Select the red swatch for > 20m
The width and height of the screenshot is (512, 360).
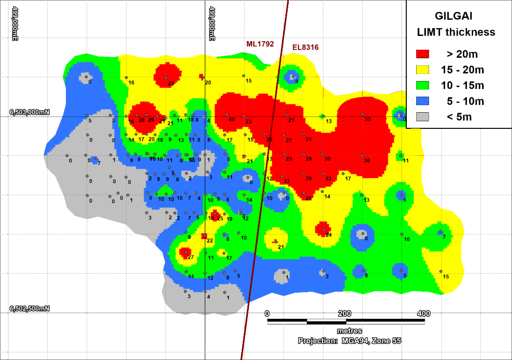[422, 54]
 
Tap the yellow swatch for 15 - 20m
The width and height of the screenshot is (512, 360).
[422, 70]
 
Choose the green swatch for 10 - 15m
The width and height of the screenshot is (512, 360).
[422, 85]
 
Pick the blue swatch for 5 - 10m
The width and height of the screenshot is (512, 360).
[422, 101]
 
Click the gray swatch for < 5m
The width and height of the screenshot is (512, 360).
[422, 117]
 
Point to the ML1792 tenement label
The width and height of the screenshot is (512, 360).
[260, 44]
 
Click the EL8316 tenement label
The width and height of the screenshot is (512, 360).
[304, 47]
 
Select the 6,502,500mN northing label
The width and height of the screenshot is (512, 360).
[29, 309]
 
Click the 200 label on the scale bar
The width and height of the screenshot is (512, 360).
[345, 314]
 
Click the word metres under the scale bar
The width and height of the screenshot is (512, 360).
[349, 331]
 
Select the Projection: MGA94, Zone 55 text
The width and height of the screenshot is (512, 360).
[349, 341]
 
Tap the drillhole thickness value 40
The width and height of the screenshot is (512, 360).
[231, 120]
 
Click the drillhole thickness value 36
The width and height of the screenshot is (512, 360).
[366, 161]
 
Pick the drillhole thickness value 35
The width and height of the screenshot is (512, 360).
[367, 119]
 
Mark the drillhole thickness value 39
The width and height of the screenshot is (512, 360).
[309, 179]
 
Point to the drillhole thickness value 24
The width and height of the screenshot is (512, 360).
[328, 235]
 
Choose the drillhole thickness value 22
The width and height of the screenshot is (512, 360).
[210, 241]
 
